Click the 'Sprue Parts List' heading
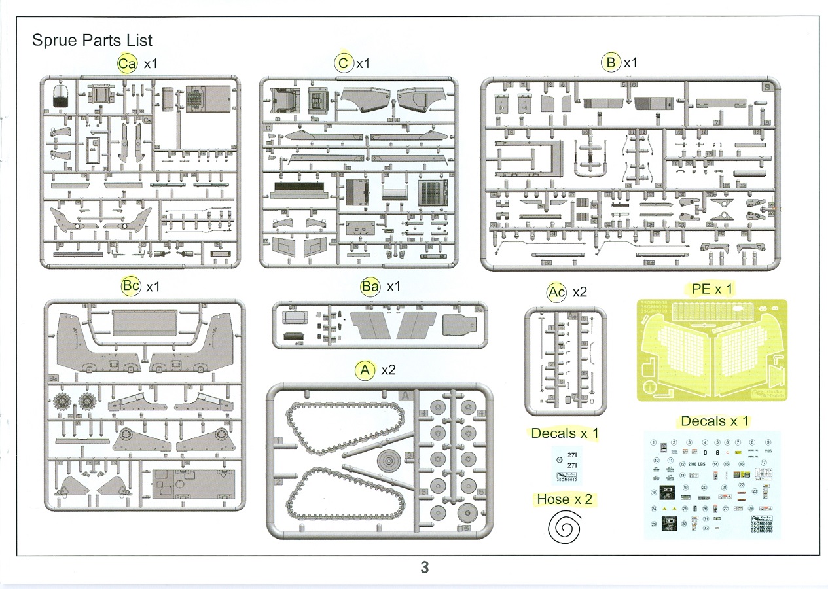point(92,41)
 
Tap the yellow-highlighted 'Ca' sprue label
point(126,63)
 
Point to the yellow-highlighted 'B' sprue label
point(611,63)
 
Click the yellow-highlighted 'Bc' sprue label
point(131,287)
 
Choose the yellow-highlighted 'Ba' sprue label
point(370,287)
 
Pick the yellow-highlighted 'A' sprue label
point(365,370)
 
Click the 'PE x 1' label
point(712,289)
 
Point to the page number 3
point(424,567)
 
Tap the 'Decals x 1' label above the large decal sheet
point(715,421)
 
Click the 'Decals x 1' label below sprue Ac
point(565,433)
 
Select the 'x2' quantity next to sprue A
point(388,370)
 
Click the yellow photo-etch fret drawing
point(712,350)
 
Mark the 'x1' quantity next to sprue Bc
point(153,287)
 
